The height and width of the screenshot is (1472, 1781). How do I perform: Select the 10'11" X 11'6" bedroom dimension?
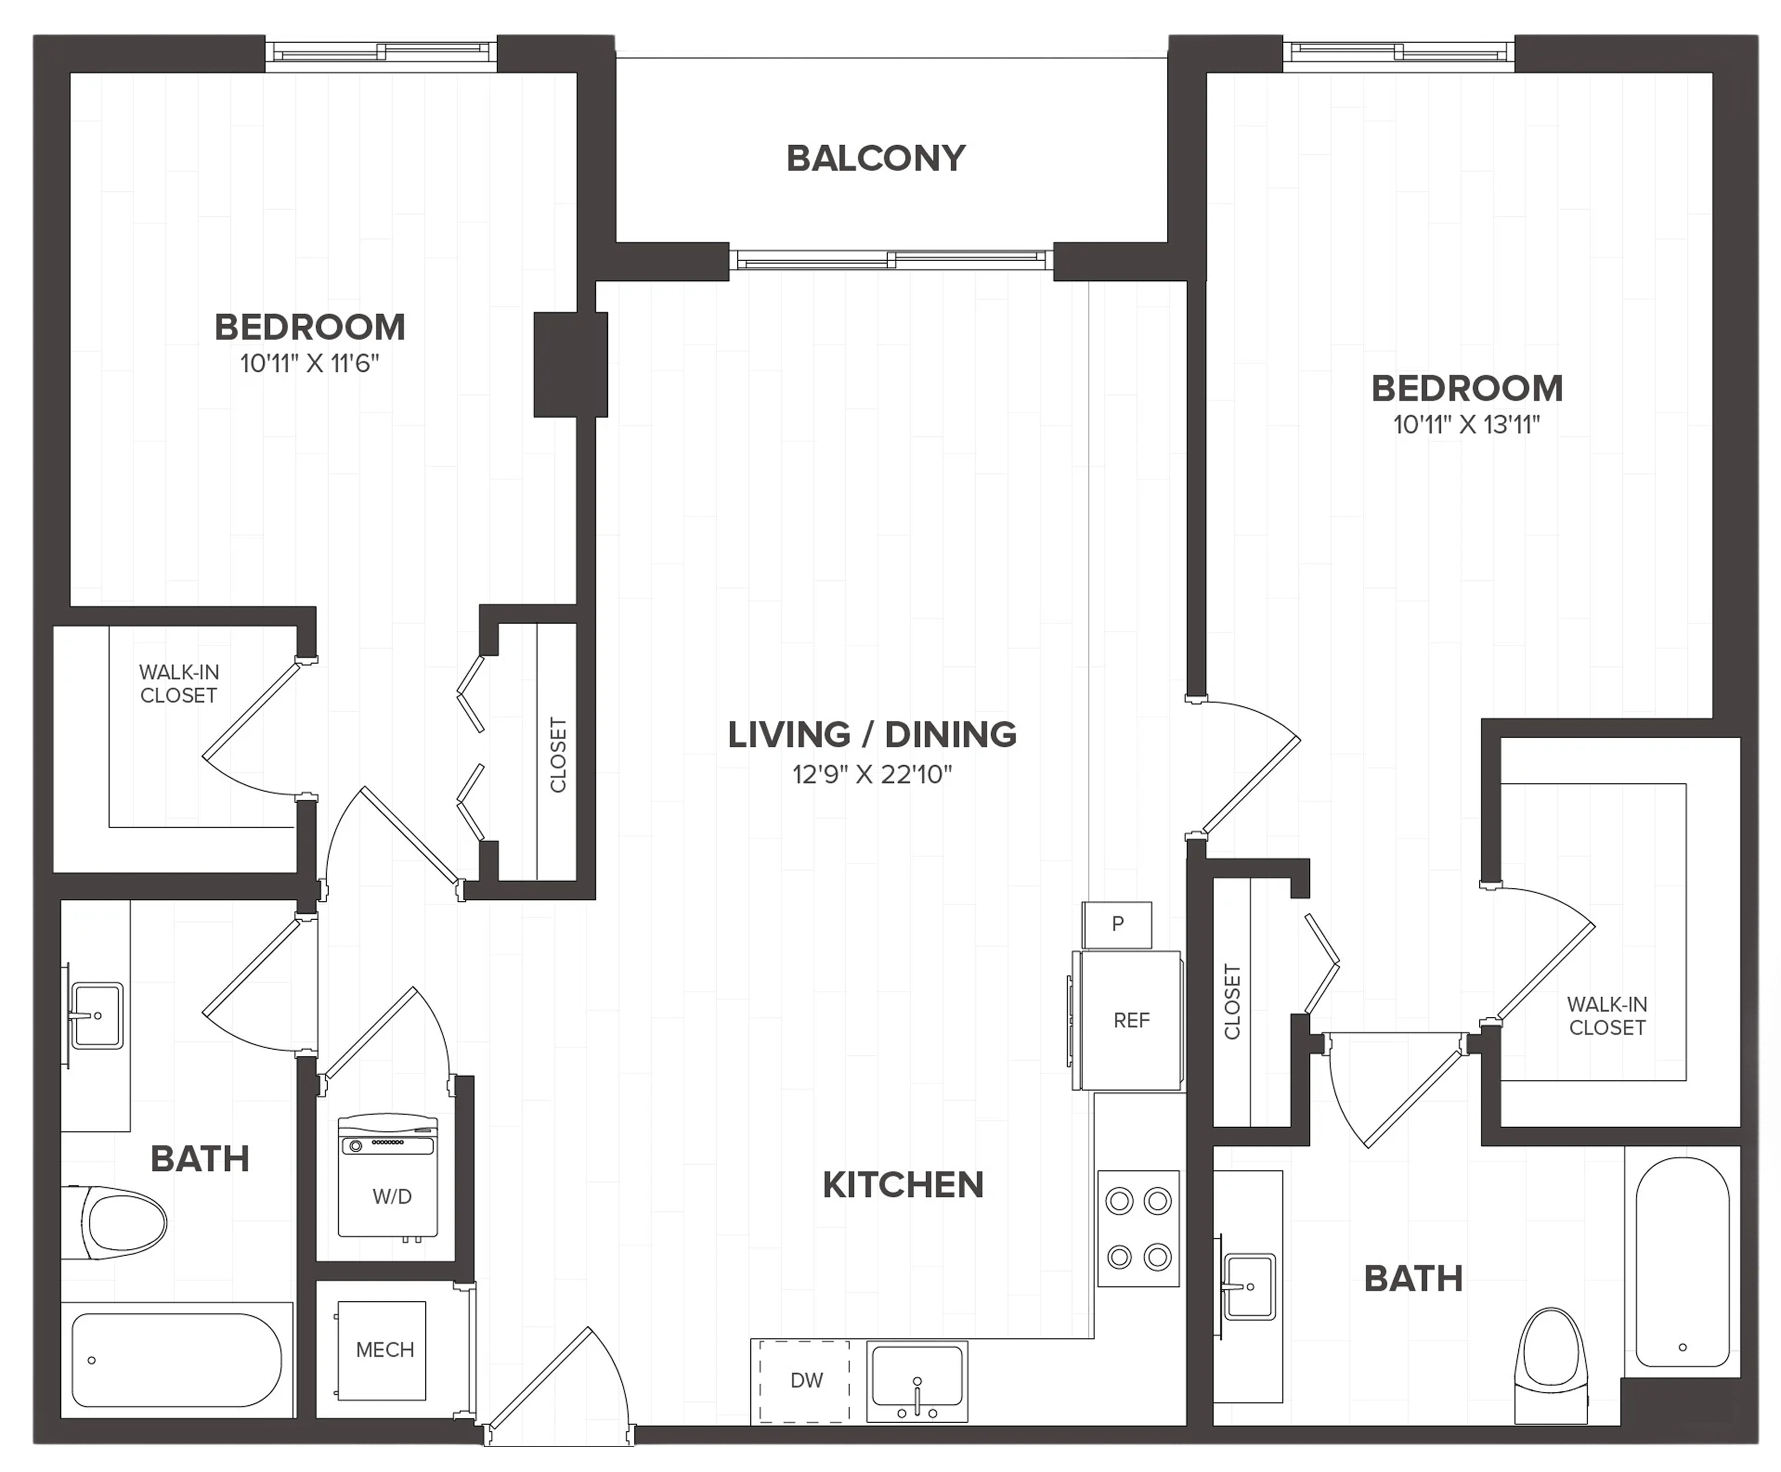tap(310, 364)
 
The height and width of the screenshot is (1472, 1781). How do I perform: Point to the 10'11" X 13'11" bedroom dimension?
tap(1466, 425)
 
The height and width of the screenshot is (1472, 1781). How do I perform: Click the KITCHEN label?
tap(903, 1185)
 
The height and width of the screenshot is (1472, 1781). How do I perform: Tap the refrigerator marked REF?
tap(1127, 1020)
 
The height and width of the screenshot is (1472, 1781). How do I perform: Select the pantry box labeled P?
tap(1117, 924)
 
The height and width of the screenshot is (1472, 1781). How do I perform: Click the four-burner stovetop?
tap(1138, 1229)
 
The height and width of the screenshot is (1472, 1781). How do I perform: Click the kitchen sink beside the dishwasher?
tap(917, 1381)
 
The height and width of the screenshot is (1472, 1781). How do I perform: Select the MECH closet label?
tap(385, 1350)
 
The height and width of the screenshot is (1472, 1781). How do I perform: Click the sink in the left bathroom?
tap(95, 1015)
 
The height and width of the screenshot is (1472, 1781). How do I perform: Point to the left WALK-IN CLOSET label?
tap(179, 684)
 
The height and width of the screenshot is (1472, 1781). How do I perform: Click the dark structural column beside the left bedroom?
tap(570, 365)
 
